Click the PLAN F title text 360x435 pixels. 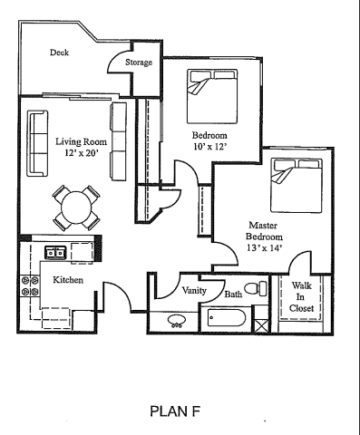pos(180,411)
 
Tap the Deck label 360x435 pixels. pos(59,53)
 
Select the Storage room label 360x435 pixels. pos(138,63)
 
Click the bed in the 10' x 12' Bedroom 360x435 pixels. pos(215,93)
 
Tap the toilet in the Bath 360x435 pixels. pos(261,289)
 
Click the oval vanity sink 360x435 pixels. pos(175,321)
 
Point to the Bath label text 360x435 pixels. pos(233,294)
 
